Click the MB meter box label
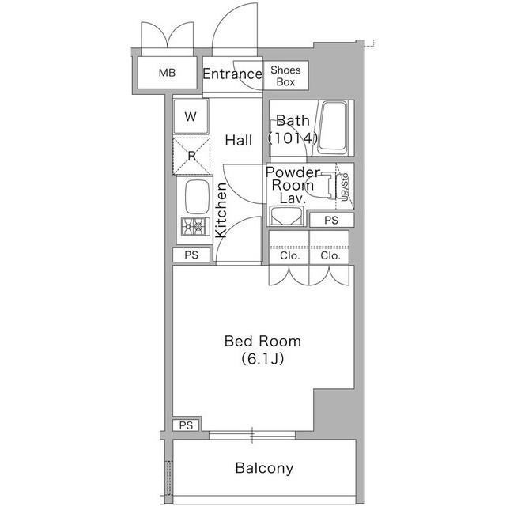click(x=167, y=73)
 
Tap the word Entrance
click(x=232, y=74)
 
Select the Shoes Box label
click(x=285, y=76)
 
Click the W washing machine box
click(x=191, y=116)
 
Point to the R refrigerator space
click(x=191, y=157)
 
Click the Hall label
click(x=239, y=141)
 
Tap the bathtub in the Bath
click(x=333, y=128)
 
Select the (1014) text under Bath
click(x=293, y=138)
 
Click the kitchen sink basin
click(x=197, y=197)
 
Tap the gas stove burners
click(x=195, y=227)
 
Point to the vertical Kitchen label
click(x=221, y=210)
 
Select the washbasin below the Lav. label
click(x=286, y=216)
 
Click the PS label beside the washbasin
click(x=331, y=221)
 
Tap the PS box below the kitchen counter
click(x=191, y=255)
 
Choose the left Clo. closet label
click(x=290, y=256)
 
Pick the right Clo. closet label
click(x=330, y=256)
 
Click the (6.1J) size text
click(x=262, y=359)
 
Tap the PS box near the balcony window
click(x=186, y=425)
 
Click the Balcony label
click(x=264, y=468)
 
